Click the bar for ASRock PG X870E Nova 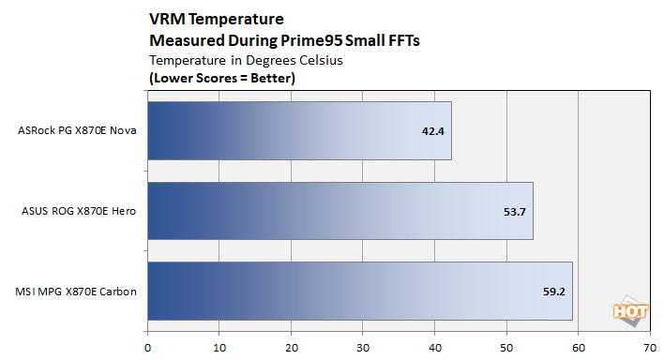click(x=299, y=130)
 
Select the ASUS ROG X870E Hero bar click(x=340, y=211)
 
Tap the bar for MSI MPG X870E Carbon click(x=360, y=291)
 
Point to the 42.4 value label click(x=432, y=130)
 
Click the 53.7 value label click(x=514, y=211)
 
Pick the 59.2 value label click(x=553, y=292)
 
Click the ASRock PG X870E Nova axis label click(x=78, y=130)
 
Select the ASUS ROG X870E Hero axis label click(x=78, y=211)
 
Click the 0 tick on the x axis click(x=147, y=345)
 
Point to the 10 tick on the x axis click(x=219, y=345)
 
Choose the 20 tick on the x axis click(x=292, y=345)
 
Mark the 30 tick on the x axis click(x=363, y=345)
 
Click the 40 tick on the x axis click(x=435, y=345)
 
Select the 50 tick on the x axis click(x=506, y=345)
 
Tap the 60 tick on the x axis click(x=579, y=345)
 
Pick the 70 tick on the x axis click(x=650, y=345)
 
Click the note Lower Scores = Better click(x=222, y=78)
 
